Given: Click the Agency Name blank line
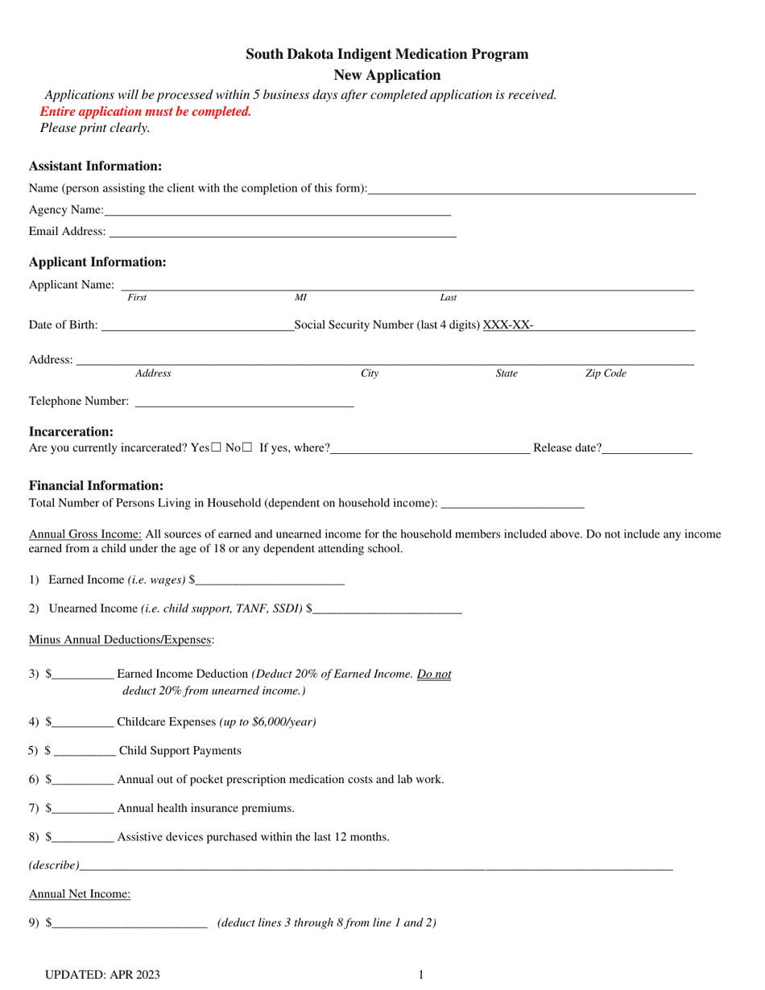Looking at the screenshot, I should (277, 212).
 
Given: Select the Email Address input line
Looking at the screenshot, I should (282, 233).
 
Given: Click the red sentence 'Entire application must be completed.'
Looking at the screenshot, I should (146, 111).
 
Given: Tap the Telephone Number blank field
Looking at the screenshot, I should (244, 402).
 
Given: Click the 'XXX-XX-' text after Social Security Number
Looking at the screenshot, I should (507, 325).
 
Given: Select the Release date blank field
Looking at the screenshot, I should (647, 450).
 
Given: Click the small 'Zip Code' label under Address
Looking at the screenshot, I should (605, 373).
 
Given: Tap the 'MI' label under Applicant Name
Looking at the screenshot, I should (300, 298).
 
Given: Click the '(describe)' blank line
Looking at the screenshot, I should (375, 867).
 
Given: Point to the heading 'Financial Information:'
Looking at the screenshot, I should (96, 485).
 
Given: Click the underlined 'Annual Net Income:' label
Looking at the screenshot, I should (80, 893).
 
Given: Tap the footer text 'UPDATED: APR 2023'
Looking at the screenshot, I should (102, 975).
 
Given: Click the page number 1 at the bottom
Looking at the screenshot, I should (420, 975).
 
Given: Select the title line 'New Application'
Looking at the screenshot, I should (387, 75).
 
